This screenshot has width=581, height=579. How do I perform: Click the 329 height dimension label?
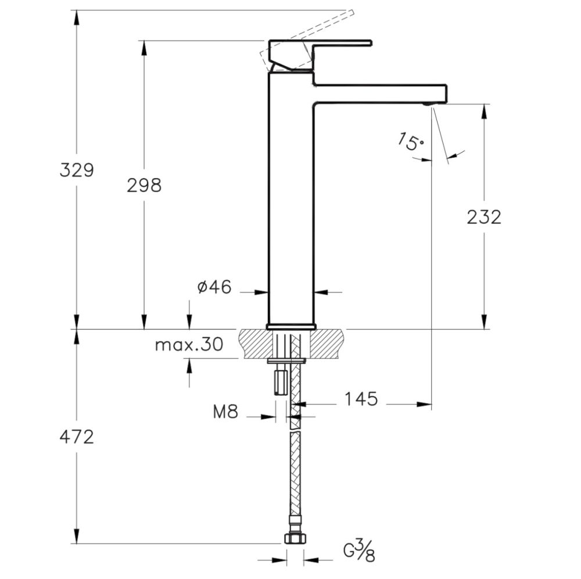pyautogui.click(x=77, y=171)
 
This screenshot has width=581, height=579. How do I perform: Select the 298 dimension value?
pyautogui.click(x=144, y=186)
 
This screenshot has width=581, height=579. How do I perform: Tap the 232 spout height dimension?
pyautogui.click(x=483, y=217)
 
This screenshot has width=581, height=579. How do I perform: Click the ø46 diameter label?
pyautogui.click(x=214, y=287)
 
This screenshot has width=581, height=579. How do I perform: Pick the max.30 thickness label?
pyautogui.click(x=189, y=345)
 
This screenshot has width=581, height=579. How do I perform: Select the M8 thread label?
pyautogui.click(x=225, y=412)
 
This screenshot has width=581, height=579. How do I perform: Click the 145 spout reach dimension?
pyautogui.click(x=360, y=399)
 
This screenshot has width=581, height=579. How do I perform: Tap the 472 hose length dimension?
pyautogui.click(x=77, y=437)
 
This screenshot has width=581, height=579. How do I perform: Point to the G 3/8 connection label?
pyautogui.click(x=358, y=550)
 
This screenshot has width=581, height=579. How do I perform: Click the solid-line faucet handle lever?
pyautogui.click(x=337, y=43)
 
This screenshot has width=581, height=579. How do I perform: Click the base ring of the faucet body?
pyautogui.click(x=290, y=326)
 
